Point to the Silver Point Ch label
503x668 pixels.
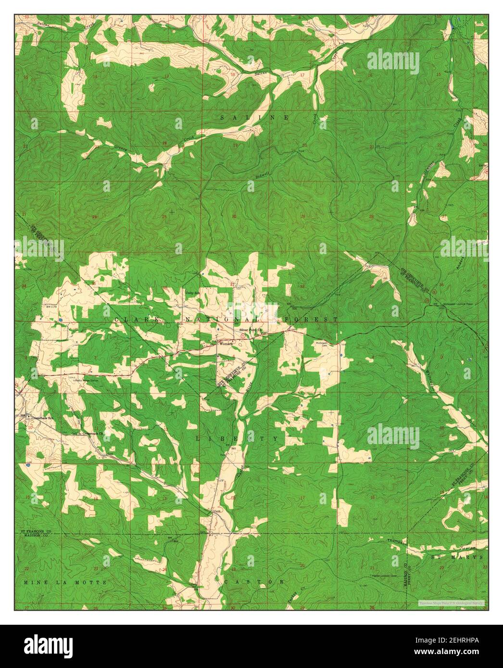point(250,331)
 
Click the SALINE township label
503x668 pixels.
point(254,117)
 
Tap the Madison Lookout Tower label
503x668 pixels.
point(383,575)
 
